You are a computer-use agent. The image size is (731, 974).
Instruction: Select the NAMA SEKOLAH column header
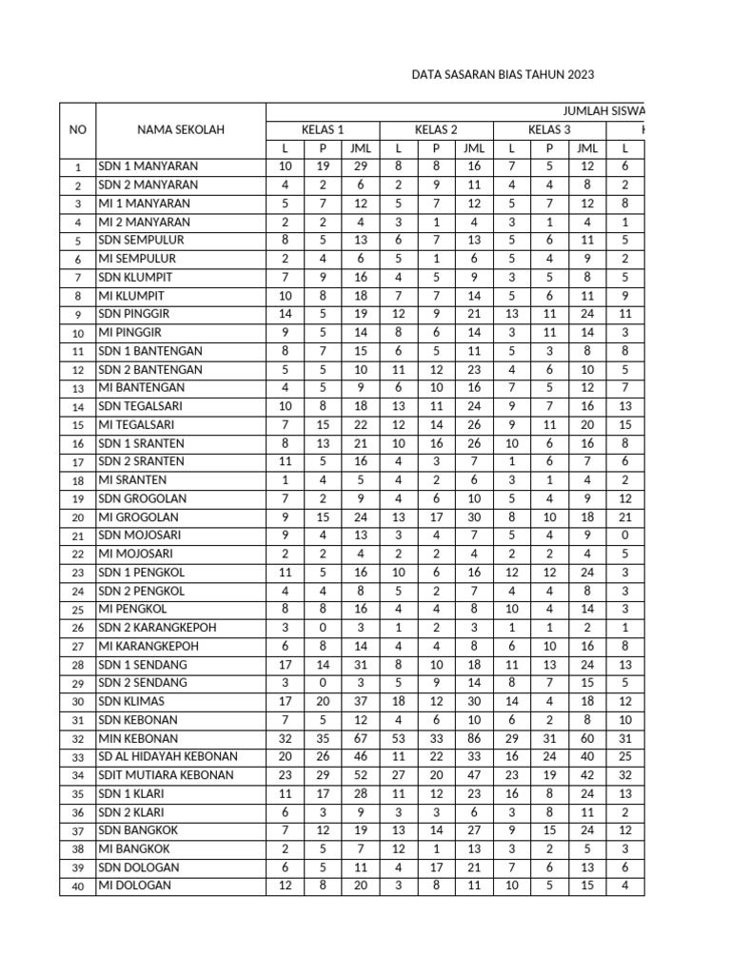(x=180, y=130)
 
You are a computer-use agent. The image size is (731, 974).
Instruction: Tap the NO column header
(x=77, y=130)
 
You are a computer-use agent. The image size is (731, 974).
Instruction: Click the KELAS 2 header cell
(x=436, y=129)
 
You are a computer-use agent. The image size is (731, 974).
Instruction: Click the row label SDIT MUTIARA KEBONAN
(x=166, y=775)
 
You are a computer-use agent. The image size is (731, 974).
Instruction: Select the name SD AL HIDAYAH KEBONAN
(x=168, y=757)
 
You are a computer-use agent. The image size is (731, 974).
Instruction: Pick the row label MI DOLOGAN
(x=135, y=886)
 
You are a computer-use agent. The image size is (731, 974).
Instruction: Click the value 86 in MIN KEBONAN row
(x=473, y=738)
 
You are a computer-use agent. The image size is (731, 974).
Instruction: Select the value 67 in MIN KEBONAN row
(x=361, y=738)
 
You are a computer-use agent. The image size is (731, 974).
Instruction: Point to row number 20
(x=77, y=517)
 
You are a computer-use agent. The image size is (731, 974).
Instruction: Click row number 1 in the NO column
(x=77, y=167)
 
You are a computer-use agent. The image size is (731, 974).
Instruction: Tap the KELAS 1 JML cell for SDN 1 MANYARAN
(x=361, y=166)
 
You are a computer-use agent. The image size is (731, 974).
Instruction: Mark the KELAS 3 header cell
(x=549, y=129)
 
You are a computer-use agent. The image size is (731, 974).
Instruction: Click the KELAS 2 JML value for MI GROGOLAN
(x=473, y=516)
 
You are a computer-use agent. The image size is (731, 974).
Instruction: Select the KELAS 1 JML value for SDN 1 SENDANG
(x=361, y=665)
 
